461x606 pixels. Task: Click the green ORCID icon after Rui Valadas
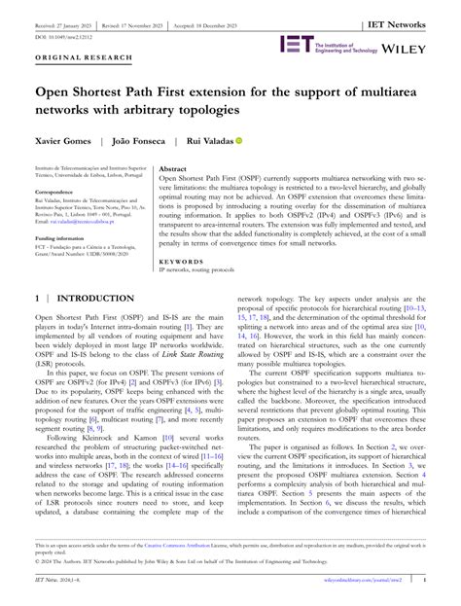[239, 141]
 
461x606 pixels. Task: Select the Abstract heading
[173, 169]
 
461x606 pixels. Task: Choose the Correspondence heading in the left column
[55, 193]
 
